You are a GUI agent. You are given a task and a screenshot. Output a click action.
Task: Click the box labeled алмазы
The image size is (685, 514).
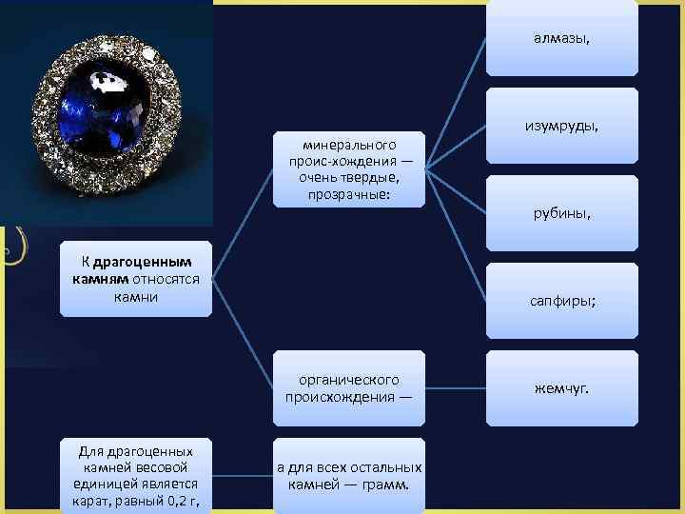561,38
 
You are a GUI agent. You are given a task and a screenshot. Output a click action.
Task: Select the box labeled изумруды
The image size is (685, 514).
561,126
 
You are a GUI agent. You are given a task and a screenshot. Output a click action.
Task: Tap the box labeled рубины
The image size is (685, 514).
561,213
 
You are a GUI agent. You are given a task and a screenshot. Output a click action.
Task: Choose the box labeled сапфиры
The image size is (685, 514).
561,300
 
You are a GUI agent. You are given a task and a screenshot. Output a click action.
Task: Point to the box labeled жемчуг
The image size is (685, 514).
561,387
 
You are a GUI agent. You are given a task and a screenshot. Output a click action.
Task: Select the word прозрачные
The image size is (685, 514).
349,194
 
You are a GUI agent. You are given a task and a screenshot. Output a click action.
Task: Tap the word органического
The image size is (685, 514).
348,380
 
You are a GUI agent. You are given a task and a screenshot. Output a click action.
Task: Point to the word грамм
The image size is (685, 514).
387,484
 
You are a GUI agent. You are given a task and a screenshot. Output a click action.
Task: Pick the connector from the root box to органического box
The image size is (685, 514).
242,333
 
